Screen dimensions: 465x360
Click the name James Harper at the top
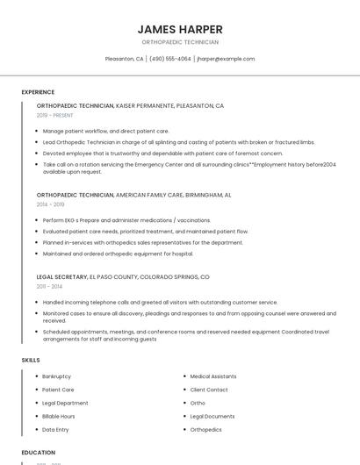(180, 29)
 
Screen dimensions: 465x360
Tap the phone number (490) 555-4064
(169, 59)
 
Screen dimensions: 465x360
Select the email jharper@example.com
(226, 59)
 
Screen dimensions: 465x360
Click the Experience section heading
(38, 92)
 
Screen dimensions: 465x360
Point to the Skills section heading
(31, 360)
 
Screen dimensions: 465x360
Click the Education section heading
(39, 453)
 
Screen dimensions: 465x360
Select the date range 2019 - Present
(55, 115)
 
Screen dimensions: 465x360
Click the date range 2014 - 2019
(50, 204)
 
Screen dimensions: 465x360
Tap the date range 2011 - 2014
(49, 286)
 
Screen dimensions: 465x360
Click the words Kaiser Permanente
(145, 106)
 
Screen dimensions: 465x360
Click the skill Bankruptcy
(56, 376)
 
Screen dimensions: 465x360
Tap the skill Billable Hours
(58, 416)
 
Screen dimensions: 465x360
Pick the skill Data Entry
(55, 430)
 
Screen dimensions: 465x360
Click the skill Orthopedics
(205, 430)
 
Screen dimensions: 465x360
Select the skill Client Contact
(209, 390)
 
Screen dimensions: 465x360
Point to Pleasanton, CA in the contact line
(124, 59)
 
